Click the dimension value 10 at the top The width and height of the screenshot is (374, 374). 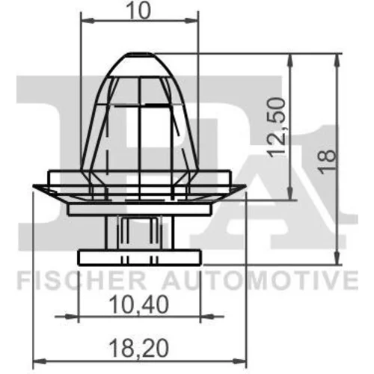140,10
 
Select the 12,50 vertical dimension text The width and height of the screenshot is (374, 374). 276,128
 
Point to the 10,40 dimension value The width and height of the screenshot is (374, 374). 139,304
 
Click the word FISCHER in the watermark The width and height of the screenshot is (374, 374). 82,280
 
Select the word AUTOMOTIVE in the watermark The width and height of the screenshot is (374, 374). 260,280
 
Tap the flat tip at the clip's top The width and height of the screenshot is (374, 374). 141,53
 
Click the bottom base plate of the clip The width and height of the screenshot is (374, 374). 139,257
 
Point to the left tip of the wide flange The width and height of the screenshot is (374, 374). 34,186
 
